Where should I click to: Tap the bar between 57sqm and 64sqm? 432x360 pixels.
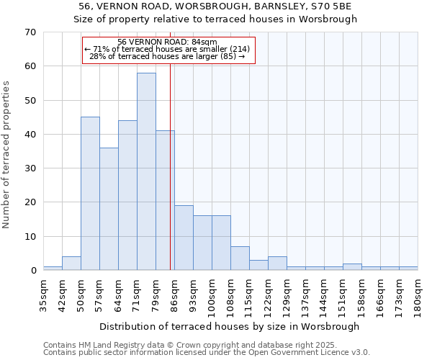pyautogui.click(x=109, y=209)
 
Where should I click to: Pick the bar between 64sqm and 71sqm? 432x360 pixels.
pyautogui.click(x=127, y=195)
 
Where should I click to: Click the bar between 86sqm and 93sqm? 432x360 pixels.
pyautogui.click(x=184, y=238)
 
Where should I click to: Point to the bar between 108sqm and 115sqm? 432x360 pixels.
pyautogui.click(x=240, y=258)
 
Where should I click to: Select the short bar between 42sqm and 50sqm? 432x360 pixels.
pyautogui.click(x=71, y=264)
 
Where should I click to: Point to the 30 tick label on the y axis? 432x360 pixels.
pyautogui.click(x=30, y=168)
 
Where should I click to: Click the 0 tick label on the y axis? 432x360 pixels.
pyautogui.click(x=32, y=271)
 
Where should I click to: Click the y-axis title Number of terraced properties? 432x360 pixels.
pyautogui.click(x=6, y=155)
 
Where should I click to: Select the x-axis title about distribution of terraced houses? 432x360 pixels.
pyautogui.click(x=229, y=326)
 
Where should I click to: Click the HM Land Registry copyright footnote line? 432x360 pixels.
pyautogui.click(x=205, y=345)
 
